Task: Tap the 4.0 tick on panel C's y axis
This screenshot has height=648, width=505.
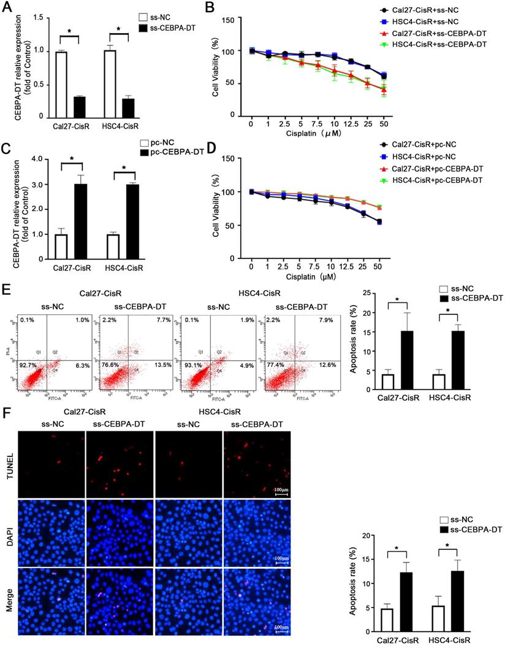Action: (40, 160)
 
